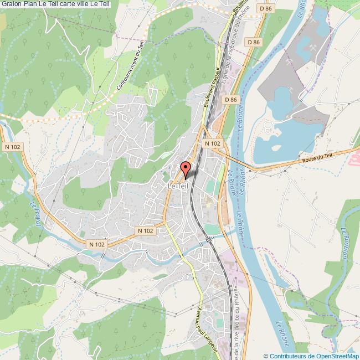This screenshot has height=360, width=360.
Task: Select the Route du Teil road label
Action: [x=317, y=159]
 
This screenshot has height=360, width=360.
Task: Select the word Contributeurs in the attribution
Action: [x=289, y=356]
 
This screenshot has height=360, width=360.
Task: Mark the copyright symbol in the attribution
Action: [x=266, y=356]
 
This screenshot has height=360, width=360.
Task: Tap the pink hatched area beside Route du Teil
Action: [x=352, y=159]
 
